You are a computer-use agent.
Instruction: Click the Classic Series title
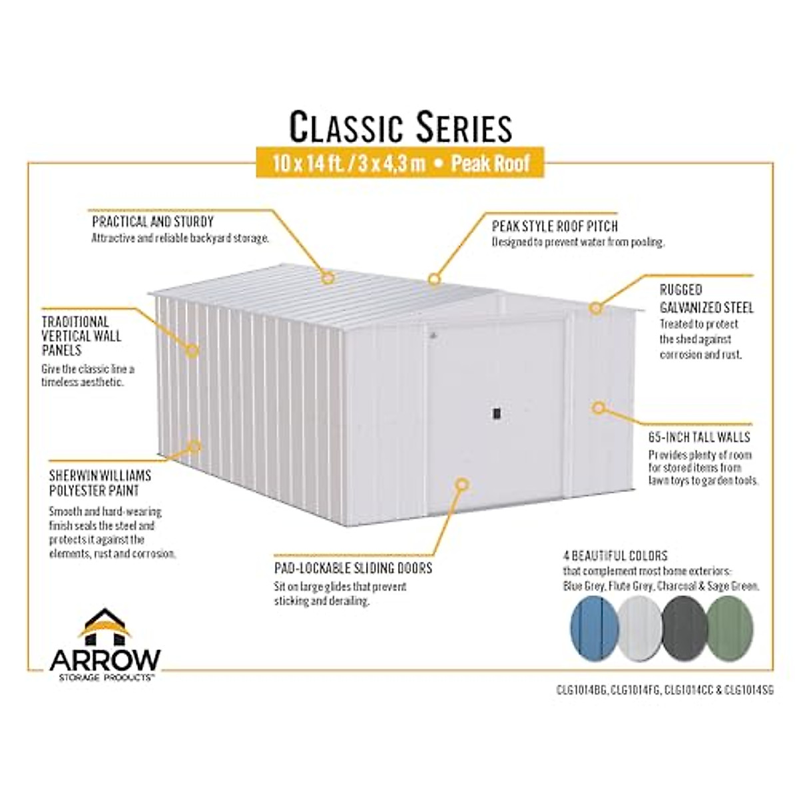(x=400, y=127)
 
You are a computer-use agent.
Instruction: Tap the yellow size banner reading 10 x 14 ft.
(x=400, y=162)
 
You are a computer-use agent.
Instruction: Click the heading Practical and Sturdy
(x=153, y=222)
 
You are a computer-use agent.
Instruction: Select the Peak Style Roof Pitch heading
(x=555, y=226)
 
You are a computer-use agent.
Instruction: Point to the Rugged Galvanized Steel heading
(x=706, y=298)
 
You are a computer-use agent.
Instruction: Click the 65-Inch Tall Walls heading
(x=699, y=437)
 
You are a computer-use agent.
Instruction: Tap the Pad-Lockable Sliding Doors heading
(x=353, y=568)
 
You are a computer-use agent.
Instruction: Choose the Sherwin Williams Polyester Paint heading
(x=100, y=483)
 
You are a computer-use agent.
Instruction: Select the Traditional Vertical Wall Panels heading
(x=81, y=336)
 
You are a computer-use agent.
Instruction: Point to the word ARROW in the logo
(x=105, y=660)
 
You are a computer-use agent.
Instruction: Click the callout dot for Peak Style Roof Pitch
(x=434, y=278)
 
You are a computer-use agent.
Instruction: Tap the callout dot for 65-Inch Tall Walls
(x=599, y=407)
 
